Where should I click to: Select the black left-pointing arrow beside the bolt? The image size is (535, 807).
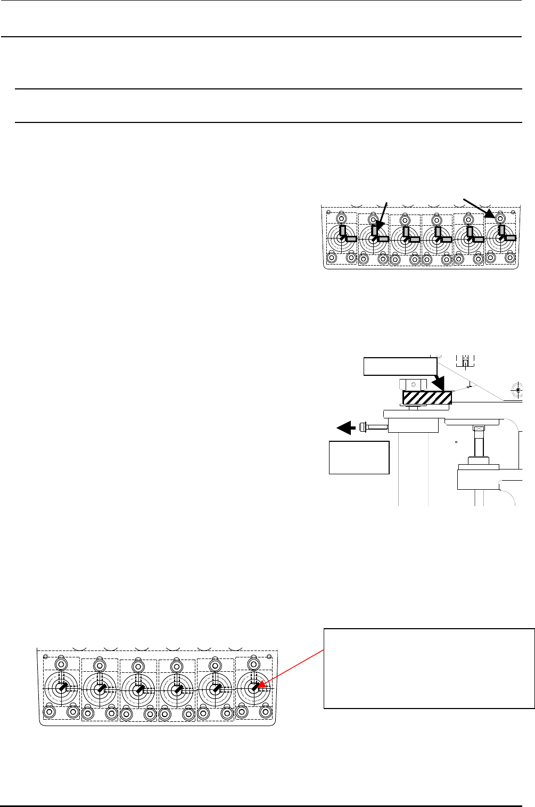click(345, 426)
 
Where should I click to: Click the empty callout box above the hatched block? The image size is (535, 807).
click(400, 366)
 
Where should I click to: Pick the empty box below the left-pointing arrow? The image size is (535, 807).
click(359, 457)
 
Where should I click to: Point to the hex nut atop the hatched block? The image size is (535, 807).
click(413, 384)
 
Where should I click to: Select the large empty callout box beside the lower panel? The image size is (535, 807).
click(429, 669)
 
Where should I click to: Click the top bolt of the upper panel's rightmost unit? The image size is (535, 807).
click(500, 218)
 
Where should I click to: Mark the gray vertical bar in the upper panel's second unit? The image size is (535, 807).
click(375, 230)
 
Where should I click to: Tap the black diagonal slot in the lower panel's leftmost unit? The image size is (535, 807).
click(63, 688)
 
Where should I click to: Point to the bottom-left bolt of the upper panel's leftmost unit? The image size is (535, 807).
click(332, 258)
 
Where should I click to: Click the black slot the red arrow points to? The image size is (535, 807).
click(254, 688)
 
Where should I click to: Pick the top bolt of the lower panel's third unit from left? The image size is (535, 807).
click(138, 666)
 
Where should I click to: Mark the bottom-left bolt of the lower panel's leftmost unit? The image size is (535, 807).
click(50, 711)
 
